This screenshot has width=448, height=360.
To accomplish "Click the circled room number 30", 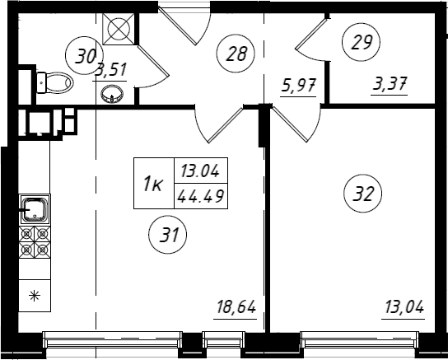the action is pyautogui.click(x=84, y=55).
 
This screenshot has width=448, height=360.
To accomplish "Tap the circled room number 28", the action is pyautogui.click(x=236, y=54).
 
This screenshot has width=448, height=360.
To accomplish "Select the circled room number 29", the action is pyautogui.click(x=362, y=42).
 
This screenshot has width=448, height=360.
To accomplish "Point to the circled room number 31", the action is pyautogui.click(x=168, y=235).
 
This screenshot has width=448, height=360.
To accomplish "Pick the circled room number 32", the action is pyautogui.click(x=363, y=194).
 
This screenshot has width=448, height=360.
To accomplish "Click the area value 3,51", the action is pyautogui.click(x=111, y=70).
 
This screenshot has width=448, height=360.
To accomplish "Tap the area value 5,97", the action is pyautogui.click(x=299, y=85).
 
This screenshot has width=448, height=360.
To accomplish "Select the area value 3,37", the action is pyautogui.click(x=390, y=83).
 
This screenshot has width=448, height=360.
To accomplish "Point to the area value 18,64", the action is pyautogui.click(x=236, y=307).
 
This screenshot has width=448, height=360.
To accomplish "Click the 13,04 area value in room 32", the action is pyautogui.click(x=404, y=307).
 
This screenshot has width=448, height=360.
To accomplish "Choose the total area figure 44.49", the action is pyautogui.click(x=201, y=196).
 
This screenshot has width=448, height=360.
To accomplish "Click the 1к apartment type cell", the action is pyautogui.click(x=154, y=183).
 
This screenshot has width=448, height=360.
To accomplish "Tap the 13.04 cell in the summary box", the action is pyautogui.click(x=201, y=171).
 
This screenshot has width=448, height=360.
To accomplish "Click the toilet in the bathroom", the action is pyautogui.click(x=55, y=82).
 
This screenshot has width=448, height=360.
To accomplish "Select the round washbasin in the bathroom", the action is pyautogui.click(x=112, y=93).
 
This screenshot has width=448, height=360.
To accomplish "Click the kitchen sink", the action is pyautogui.click(x=35, y=210).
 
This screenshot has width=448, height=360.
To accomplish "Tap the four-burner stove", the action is pyautogui.click(x=35, y=242).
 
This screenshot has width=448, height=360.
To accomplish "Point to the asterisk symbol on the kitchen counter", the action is pyautogui.click(x=35, y=296).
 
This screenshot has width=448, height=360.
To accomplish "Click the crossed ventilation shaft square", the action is pyautogui.click(x=119, y=29).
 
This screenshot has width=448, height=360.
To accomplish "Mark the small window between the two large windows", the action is pyautogui.click(x=224, y=339).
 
